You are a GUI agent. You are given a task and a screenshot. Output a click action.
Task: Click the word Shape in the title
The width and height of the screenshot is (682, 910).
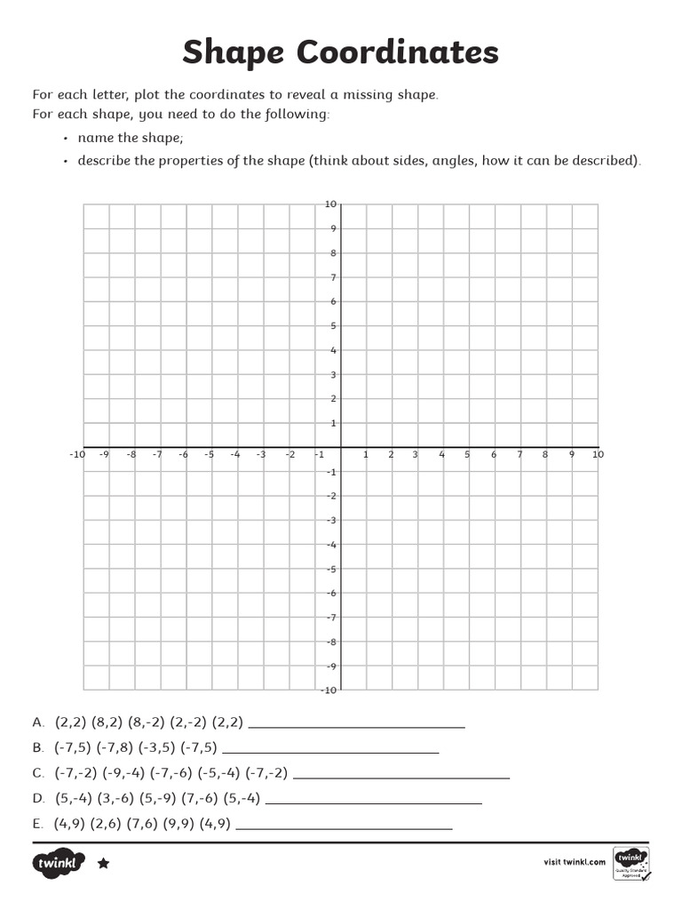point(234,53)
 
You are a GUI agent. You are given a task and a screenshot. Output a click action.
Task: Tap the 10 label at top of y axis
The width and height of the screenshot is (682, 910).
point(330,204)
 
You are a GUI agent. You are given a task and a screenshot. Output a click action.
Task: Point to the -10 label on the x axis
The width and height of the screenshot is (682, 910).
point(76,455)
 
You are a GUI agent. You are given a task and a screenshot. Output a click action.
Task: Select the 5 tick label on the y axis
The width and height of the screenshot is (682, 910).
point(332,326)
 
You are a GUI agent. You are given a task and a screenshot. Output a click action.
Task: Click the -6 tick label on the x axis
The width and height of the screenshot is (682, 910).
point(183,455)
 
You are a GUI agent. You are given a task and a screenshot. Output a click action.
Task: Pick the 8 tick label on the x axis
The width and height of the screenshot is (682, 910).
point(545,455)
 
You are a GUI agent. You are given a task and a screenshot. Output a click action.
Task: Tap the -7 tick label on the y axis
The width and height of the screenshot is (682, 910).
point(330,618)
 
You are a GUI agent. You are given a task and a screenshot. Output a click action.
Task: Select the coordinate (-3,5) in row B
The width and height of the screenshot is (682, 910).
point(156,748)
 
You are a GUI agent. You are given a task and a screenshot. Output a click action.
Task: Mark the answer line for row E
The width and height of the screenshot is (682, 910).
point(344,827)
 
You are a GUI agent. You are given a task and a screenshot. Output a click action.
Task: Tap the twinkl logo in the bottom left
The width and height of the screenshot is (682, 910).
point(59,862)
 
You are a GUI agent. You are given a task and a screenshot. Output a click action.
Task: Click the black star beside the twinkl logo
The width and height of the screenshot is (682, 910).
point(103,863)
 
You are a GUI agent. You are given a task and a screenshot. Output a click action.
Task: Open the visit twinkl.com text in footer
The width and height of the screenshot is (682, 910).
point(574,862)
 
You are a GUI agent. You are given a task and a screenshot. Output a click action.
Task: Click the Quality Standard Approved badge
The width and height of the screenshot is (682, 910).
point(631,863)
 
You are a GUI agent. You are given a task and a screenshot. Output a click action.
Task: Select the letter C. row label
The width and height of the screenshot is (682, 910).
point(38,773)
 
